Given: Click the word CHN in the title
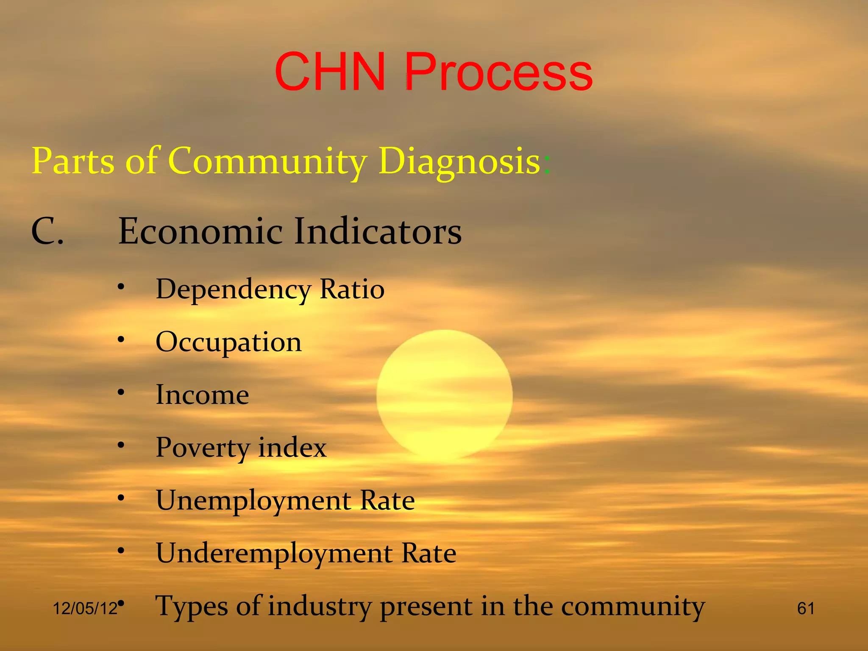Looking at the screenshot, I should coord(330,72).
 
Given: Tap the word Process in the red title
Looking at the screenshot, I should coord(498,72).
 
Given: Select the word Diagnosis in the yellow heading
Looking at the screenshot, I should coord(459,161).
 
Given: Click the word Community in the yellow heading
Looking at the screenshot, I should coord(267,161).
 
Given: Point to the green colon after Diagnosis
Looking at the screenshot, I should coord(547,164).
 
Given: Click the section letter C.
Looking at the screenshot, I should coord(47,231).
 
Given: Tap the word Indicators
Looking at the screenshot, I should coord(378,231).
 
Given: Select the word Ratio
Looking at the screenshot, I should coord(352,289).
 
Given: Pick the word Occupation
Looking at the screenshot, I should coord(228,342).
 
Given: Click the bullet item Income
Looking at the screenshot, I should coord(202,395).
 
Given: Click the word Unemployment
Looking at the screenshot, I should coord(253,501).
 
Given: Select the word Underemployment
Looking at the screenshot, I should coord(274,554).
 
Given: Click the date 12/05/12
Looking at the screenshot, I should coord(85,609).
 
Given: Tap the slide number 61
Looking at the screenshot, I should coord(805,609).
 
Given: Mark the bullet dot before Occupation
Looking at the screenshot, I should coord(121,339).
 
